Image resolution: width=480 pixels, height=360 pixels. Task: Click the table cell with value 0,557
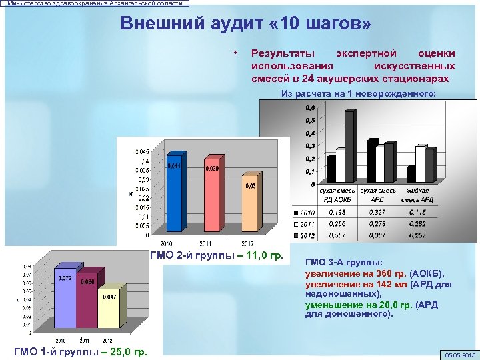[x=336, y=235]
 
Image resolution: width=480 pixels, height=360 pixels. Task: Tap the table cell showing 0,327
[x=377, y=211]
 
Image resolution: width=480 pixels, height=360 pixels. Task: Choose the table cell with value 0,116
[x=418, y=211]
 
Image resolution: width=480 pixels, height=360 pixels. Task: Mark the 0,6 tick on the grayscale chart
[x=311, y=107]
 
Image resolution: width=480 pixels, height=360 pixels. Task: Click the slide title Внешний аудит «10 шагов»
[x=246, y=24]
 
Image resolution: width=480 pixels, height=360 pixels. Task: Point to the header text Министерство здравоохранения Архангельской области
[x=94, y=3]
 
